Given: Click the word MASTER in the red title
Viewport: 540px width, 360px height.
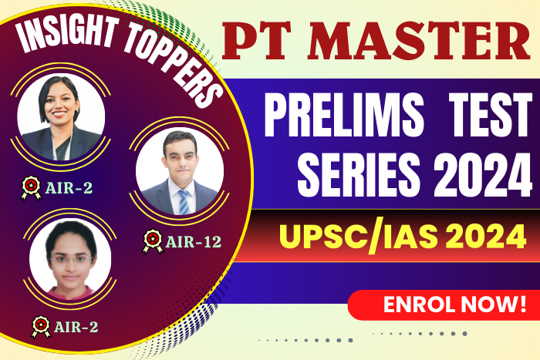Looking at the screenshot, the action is coord(419,42).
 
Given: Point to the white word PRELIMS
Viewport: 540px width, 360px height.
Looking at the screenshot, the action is coord(344,116).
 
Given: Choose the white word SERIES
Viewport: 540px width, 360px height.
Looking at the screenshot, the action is coord(359,174).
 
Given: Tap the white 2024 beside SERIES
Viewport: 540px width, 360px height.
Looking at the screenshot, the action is coord(482,174).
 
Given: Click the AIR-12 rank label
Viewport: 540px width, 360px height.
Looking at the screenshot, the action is coord(193,242).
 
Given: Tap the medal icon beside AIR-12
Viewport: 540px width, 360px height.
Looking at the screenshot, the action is coord(153,241).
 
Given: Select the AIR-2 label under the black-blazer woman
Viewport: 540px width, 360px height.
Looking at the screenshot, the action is coord(69,188).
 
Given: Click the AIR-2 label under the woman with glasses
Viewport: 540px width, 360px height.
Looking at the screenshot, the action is coord(76,327).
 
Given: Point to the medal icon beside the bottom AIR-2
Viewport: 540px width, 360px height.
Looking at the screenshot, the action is coord(41,327).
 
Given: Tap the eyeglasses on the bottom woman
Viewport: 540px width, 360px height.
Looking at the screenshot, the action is coord(71,260).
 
